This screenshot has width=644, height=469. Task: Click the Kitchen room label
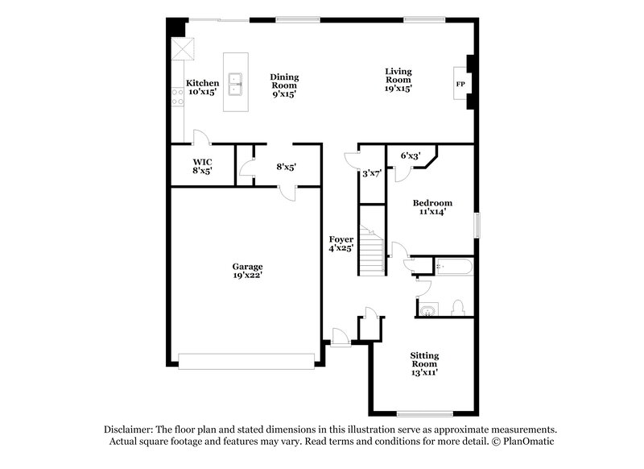[202, 87]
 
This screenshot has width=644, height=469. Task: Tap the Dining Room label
[283, 85]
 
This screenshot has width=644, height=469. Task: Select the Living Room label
[398, 80]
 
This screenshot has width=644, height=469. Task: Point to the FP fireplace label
[461, 84]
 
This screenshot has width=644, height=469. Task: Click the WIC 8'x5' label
[201, 166]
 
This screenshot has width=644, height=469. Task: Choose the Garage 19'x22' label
[248, 271]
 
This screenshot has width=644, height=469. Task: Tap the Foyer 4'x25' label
[341, 244]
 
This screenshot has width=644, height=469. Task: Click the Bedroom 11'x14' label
[432, 207]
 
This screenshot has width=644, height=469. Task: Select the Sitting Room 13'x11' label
[424, 363]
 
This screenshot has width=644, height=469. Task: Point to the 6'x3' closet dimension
[411, 156]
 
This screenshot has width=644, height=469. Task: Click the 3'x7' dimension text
[371, 172]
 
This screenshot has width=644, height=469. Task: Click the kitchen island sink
[237, 81]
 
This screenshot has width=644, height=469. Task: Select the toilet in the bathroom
[456, 307]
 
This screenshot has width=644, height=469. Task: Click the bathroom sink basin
[427, 309]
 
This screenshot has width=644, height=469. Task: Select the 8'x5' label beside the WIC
[287, 167]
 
